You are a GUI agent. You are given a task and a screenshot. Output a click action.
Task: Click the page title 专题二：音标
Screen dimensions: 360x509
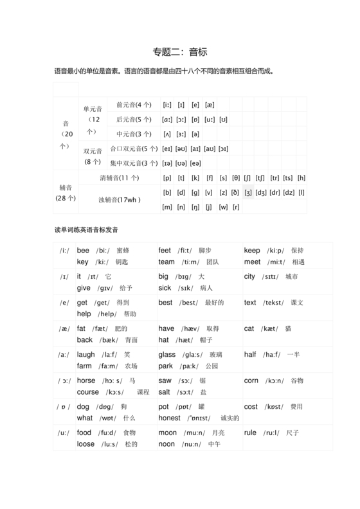[x=179, y=51]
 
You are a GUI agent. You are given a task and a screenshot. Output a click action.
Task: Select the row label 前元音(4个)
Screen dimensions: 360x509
[x=134, y=104]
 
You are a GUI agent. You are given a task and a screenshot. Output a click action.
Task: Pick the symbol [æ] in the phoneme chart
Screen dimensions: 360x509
[x=210, y=105]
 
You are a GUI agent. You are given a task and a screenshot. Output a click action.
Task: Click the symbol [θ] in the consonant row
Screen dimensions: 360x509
[x=236, y=178]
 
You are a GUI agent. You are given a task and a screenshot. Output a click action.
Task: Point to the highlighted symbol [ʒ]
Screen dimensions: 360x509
[x=248, y=192]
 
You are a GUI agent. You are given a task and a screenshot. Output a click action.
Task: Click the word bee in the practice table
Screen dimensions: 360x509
[x=83, y=251]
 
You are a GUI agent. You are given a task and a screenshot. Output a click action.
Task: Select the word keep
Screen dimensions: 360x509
[x=252, y=251]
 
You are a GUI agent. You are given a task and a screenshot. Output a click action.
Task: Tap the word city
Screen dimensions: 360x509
[x=249, y=277]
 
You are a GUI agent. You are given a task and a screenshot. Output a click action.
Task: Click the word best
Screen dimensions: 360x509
[x=165, y=303]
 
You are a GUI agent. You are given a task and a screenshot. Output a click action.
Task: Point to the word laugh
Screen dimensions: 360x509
[x=85, y=355]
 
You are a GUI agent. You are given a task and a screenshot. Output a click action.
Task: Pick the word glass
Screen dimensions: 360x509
[x=166, y=355]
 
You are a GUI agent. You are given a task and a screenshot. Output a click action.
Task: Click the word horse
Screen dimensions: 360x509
[x=85, y=380]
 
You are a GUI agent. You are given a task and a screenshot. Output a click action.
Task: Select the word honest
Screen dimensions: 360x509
[x=169, y=418]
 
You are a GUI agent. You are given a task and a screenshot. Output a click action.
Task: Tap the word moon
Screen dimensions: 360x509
[x=167, y=433]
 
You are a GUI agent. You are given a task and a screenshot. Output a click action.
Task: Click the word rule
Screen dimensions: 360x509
[x=250, y=433]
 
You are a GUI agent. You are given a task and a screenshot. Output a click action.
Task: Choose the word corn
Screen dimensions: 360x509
[x=251, y=380]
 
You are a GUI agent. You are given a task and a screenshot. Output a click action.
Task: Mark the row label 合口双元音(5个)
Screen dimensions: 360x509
[x=134, y=148]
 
